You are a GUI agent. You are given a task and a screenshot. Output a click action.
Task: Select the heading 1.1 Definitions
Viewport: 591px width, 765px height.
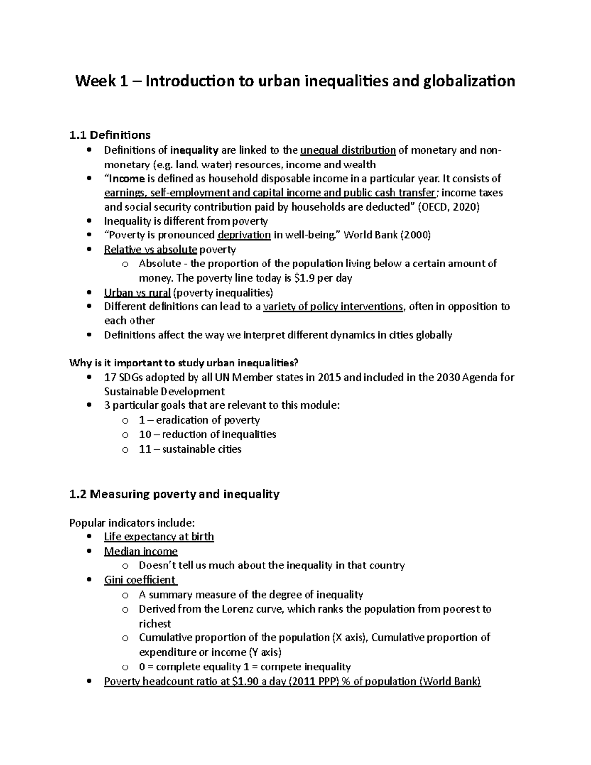click(110, 135)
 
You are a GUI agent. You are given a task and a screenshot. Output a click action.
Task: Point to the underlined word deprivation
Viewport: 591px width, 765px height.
click(244, 235)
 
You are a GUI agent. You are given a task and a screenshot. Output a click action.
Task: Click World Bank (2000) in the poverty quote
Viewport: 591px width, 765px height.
click(387, 235)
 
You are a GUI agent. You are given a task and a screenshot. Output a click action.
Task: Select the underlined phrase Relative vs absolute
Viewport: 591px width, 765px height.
click(150, 250)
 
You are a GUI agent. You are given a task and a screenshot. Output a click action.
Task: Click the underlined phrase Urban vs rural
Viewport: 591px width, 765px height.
click(137, 293)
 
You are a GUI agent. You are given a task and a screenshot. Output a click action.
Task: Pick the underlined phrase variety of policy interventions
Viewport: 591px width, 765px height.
click(333, 307)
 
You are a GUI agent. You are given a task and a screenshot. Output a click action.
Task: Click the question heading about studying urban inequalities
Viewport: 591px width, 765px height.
click(184, 364)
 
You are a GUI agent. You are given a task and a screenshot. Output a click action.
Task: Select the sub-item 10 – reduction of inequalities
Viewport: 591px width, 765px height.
click(207, 435)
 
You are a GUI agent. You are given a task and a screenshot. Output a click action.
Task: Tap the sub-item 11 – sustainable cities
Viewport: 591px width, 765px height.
click(190, 449)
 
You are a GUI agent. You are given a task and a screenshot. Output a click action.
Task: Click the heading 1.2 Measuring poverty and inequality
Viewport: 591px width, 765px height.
click(175, 494)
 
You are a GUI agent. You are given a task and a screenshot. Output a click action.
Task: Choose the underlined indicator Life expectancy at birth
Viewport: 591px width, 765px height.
click(159, 537)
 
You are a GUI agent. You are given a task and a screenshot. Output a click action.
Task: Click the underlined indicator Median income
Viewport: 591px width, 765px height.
click(141, 551)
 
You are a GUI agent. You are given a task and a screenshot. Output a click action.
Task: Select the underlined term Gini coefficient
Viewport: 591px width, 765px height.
click(140, 580)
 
